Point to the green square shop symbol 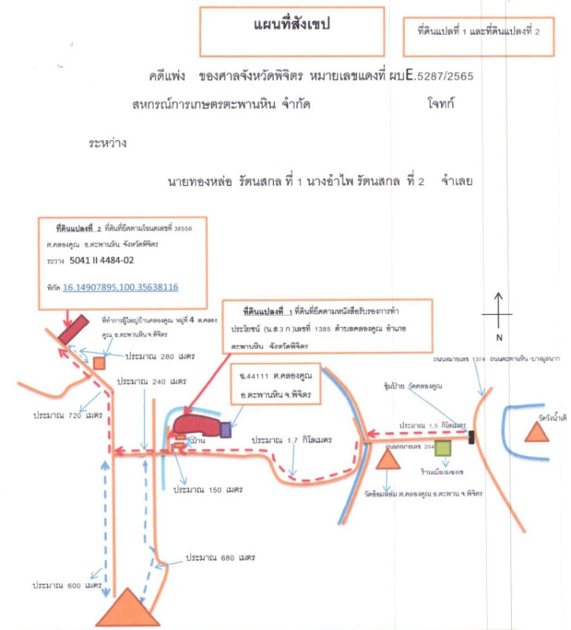pyautogui.click(x=443, y=449)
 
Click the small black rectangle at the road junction pyautogui.click(x=471, y=437)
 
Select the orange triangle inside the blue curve pyautogui.click(x=549, y=430)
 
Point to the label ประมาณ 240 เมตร pyautogui.click(x=150, y=381)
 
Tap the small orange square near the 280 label pyautogui.click(x=99, y=362)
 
